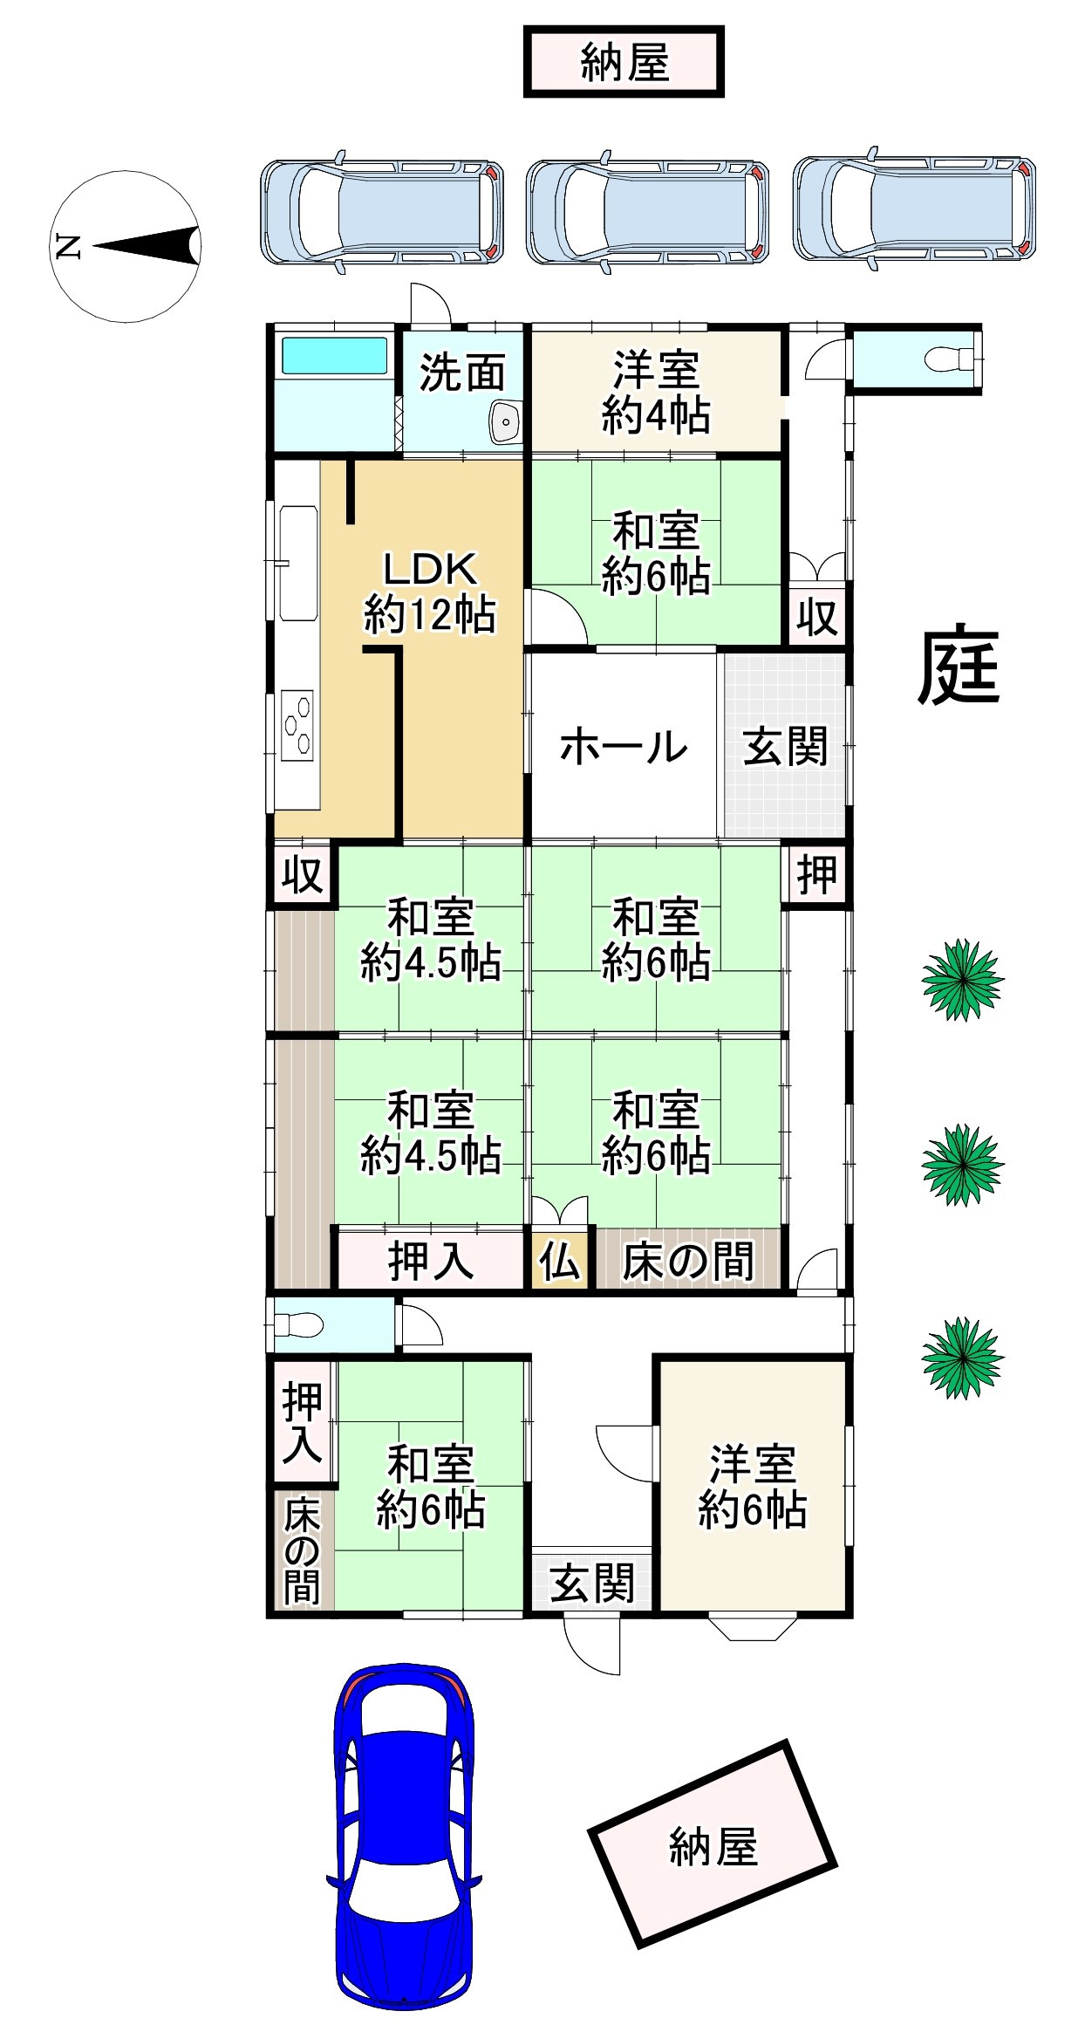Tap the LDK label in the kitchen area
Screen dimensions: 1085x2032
click(x=431, y=571)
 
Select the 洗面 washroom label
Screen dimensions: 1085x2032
click(x=463, y=373)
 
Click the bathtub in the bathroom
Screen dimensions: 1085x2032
click(x=334, y=356)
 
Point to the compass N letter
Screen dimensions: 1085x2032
click(x=68, y=246)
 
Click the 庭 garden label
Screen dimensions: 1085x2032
click(x=959, y=665)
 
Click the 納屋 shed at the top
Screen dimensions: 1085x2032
click(x=624, y=62)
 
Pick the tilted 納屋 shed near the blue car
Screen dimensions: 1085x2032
click(x=713, y=1851)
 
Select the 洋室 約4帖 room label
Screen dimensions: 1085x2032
click(x=656, y=393)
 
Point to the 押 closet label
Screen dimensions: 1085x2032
click(x=817, y=874)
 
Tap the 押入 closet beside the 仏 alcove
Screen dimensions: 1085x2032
click(x=431, y=1260)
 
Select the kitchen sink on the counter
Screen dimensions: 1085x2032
click(x=298, y=563)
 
